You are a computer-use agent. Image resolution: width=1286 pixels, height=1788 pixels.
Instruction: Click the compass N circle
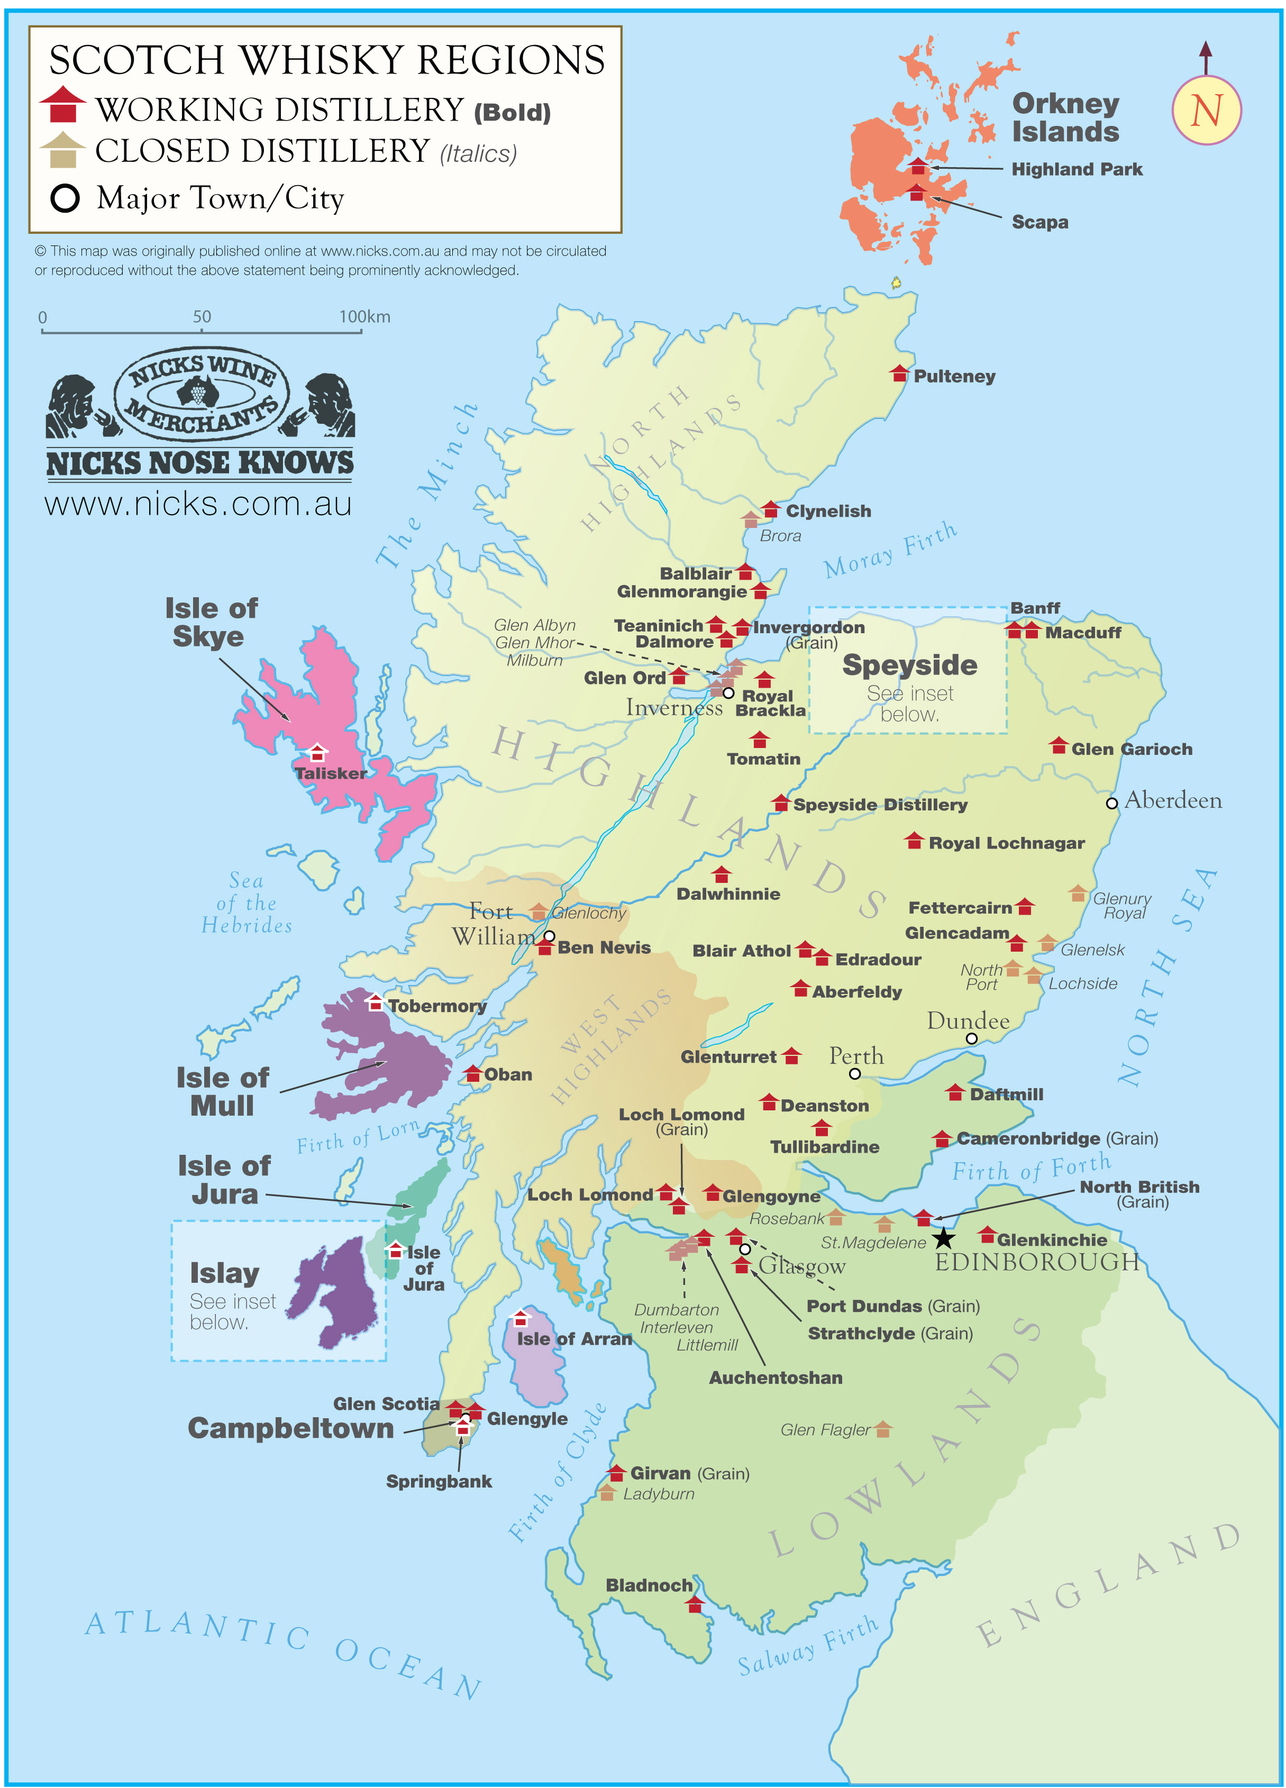point(1206,111)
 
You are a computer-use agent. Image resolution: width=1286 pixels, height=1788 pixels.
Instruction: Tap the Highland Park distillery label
point(1077,169)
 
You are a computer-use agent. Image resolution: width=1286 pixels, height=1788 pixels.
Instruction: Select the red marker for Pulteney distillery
point(899,373)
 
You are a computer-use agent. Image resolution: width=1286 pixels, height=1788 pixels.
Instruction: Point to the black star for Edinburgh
point(943,1238)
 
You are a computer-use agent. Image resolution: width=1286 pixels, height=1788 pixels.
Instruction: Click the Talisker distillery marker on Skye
point(317,752)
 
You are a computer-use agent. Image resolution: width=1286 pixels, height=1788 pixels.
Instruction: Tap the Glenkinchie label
point(1051,1240)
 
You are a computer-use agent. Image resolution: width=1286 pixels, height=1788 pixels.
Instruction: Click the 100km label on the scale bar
point(364,317)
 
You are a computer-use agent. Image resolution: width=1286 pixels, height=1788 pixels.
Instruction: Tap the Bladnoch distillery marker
point(694,1604)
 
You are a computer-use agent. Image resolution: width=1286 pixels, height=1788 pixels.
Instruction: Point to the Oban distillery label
point(508,1074)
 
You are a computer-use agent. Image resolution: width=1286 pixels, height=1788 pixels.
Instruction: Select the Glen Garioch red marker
point(1058,746)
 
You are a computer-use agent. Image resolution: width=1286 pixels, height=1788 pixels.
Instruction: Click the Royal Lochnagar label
point(1006,844)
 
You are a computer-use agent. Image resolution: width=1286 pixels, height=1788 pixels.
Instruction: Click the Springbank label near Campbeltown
point(439,1481)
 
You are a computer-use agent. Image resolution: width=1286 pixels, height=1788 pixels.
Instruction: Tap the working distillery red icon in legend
point(62,105)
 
